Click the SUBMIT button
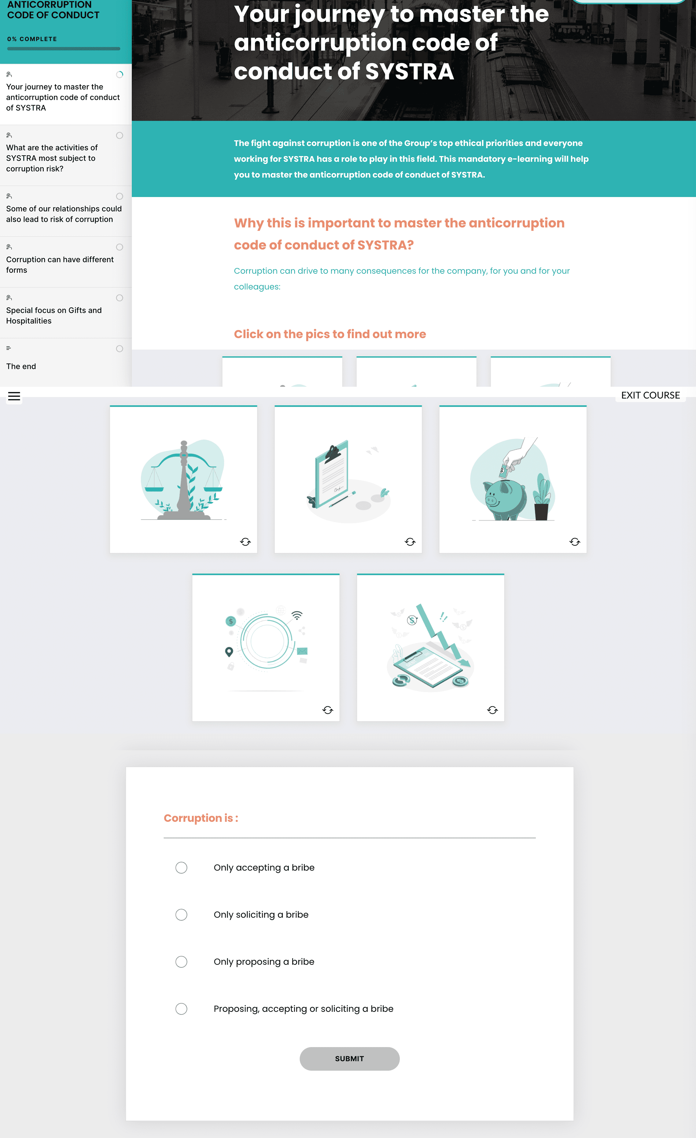pos(349,1059)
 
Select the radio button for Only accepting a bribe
pos(181,867)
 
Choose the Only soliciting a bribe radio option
pos(181,914)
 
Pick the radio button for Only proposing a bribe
pos(181,962)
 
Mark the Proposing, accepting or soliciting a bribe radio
pos(181,1009)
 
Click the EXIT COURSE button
pos(650,395)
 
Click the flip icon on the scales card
pos(245,542)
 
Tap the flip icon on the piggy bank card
pos(575,542)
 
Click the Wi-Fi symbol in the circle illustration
pos(297,615)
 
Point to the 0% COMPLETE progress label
pos(32,39)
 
